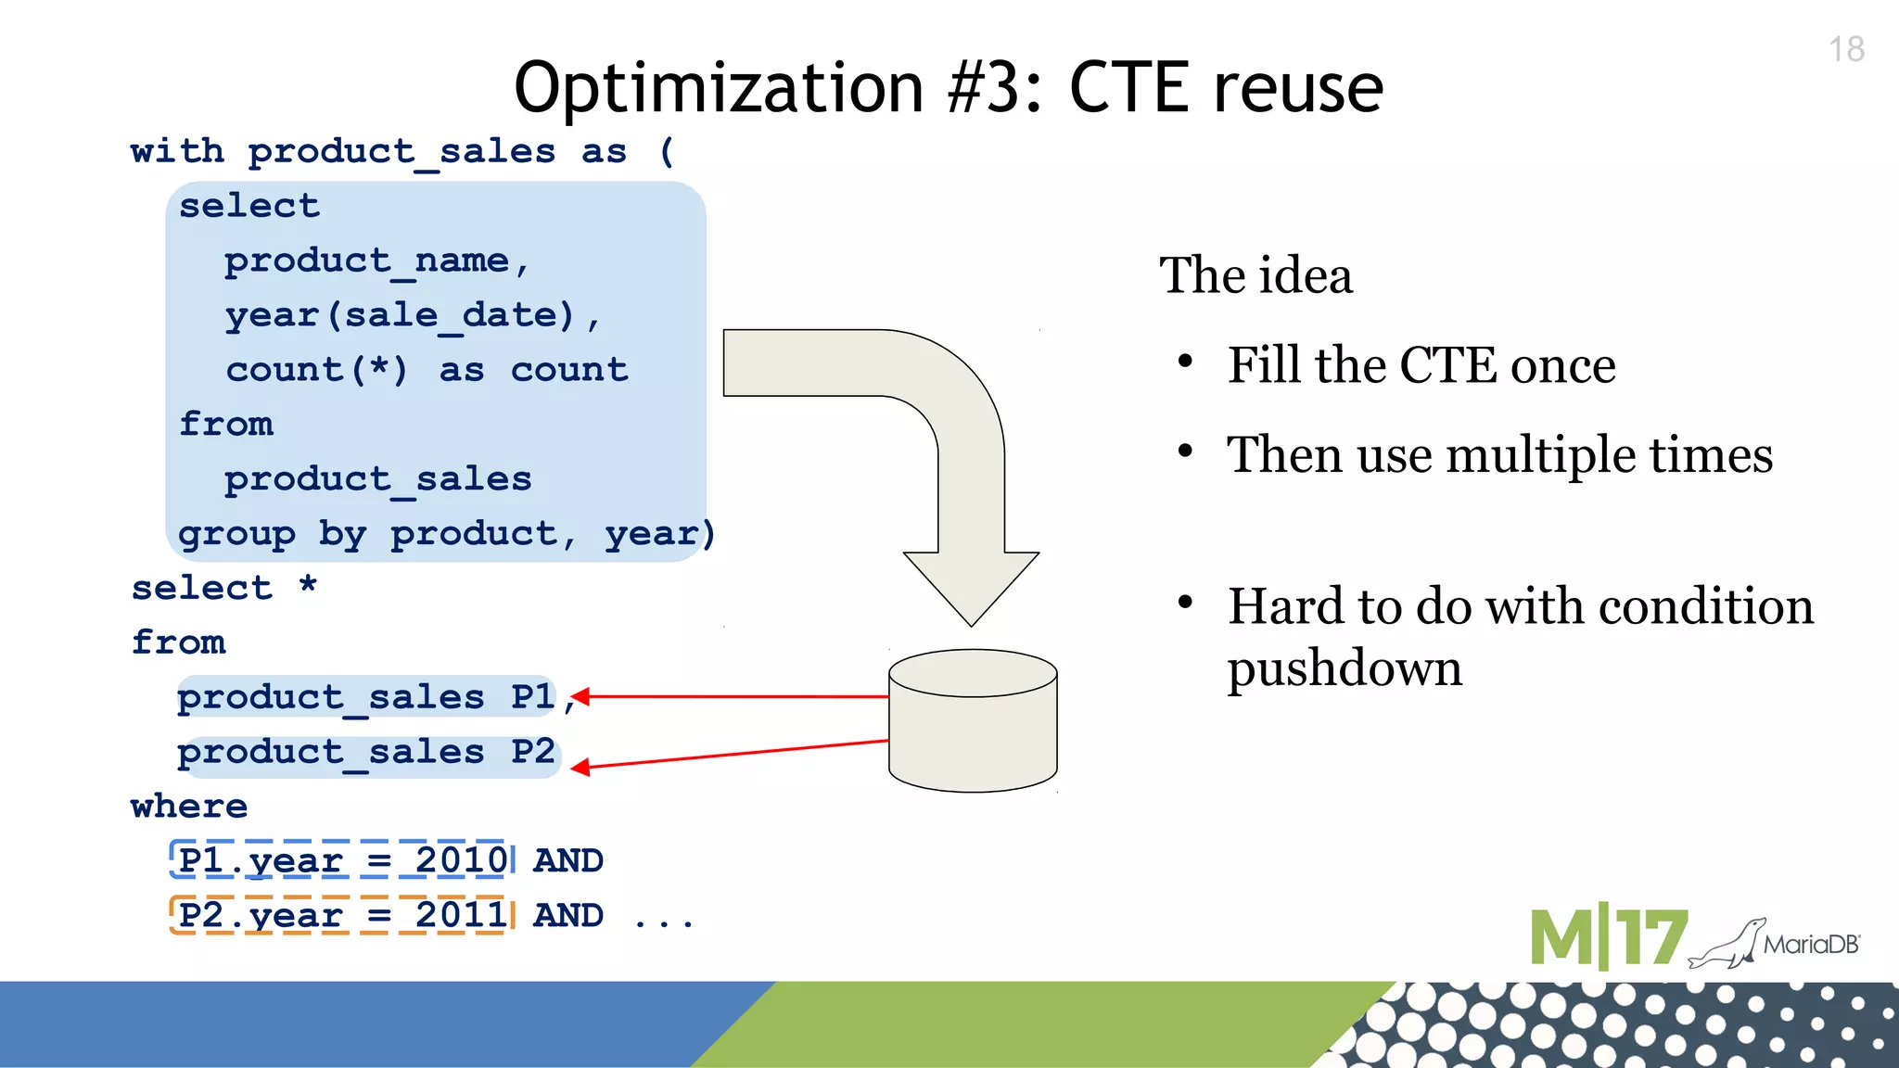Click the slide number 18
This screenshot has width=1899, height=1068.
[1846, 49]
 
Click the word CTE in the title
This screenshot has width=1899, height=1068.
[1130, 88]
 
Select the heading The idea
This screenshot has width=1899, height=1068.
[1255, 275]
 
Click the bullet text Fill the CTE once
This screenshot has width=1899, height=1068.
[1421, 364]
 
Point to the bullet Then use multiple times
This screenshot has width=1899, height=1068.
[1499, 454]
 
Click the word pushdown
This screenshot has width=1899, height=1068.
[1345, 668]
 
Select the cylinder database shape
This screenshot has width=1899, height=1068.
[973, 721]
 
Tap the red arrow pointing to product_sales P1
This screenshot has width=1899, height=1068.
[733, 696]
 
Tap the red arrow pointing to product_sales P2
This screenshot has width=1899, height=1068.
[733, 754]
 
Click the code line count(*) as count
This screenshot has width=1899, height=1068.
[427, 370]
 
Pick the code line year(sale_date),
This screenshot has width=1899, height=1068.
[412, 315]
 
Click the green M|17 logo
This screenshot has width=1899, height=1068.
[1607, 938]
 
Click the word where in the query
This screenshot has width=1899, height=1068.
[189, 807]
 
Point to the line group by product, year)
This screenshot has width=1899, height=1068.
[446, 534]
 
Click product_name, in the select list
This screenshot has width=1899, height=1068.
[376, 261]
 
